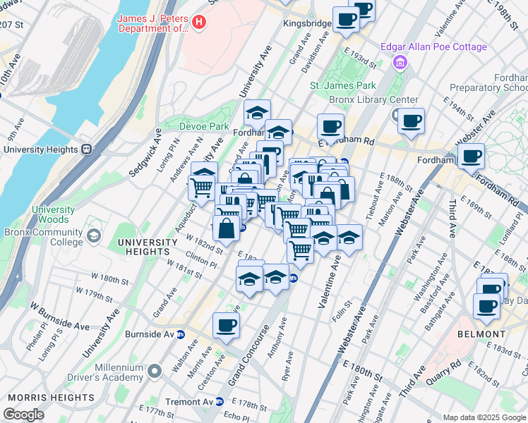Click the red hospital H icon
(199, 23)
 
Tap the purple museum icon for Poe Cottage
(400, 63)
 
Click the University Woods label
(53, 214)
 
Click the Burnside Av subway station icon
(180, 334)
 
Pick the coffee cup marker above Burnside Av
(226, 325)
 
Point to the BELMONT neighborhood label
(481, 333)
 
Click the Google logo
(23, 414)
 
